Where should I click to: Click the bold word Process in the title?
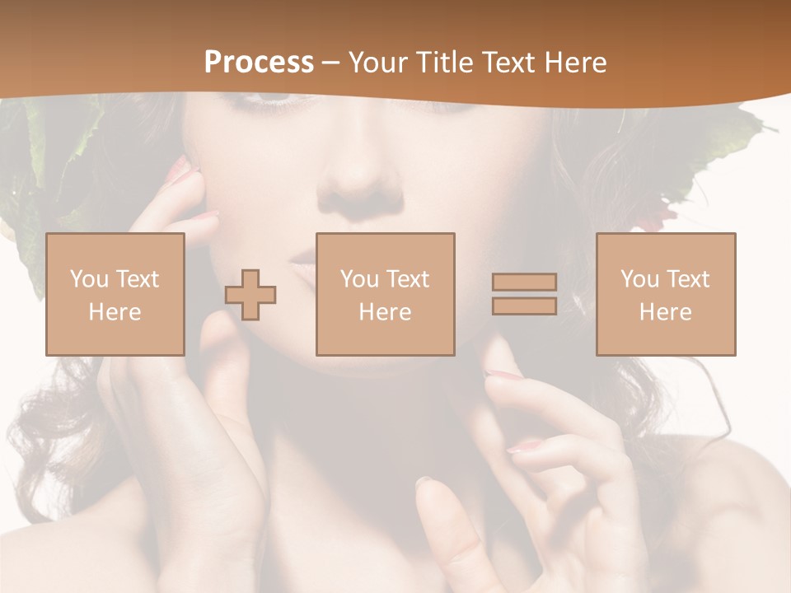259,63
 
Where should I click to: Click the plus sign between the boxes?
250,295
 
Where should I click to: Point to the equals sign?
524,294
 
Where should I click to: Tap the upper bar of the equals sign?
524,282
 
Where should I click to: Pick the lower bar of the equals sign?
524,306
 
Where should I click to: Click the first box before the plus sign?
115,294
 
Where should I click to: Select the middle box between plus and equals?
385,294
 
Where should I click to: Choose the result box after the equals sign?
666,294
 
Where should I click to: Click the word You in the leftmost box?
88,278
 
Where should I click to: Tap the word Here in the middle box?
385,312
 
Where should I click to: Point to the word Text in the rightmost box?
689,278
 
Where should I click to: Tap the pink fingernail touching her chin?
501,376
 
